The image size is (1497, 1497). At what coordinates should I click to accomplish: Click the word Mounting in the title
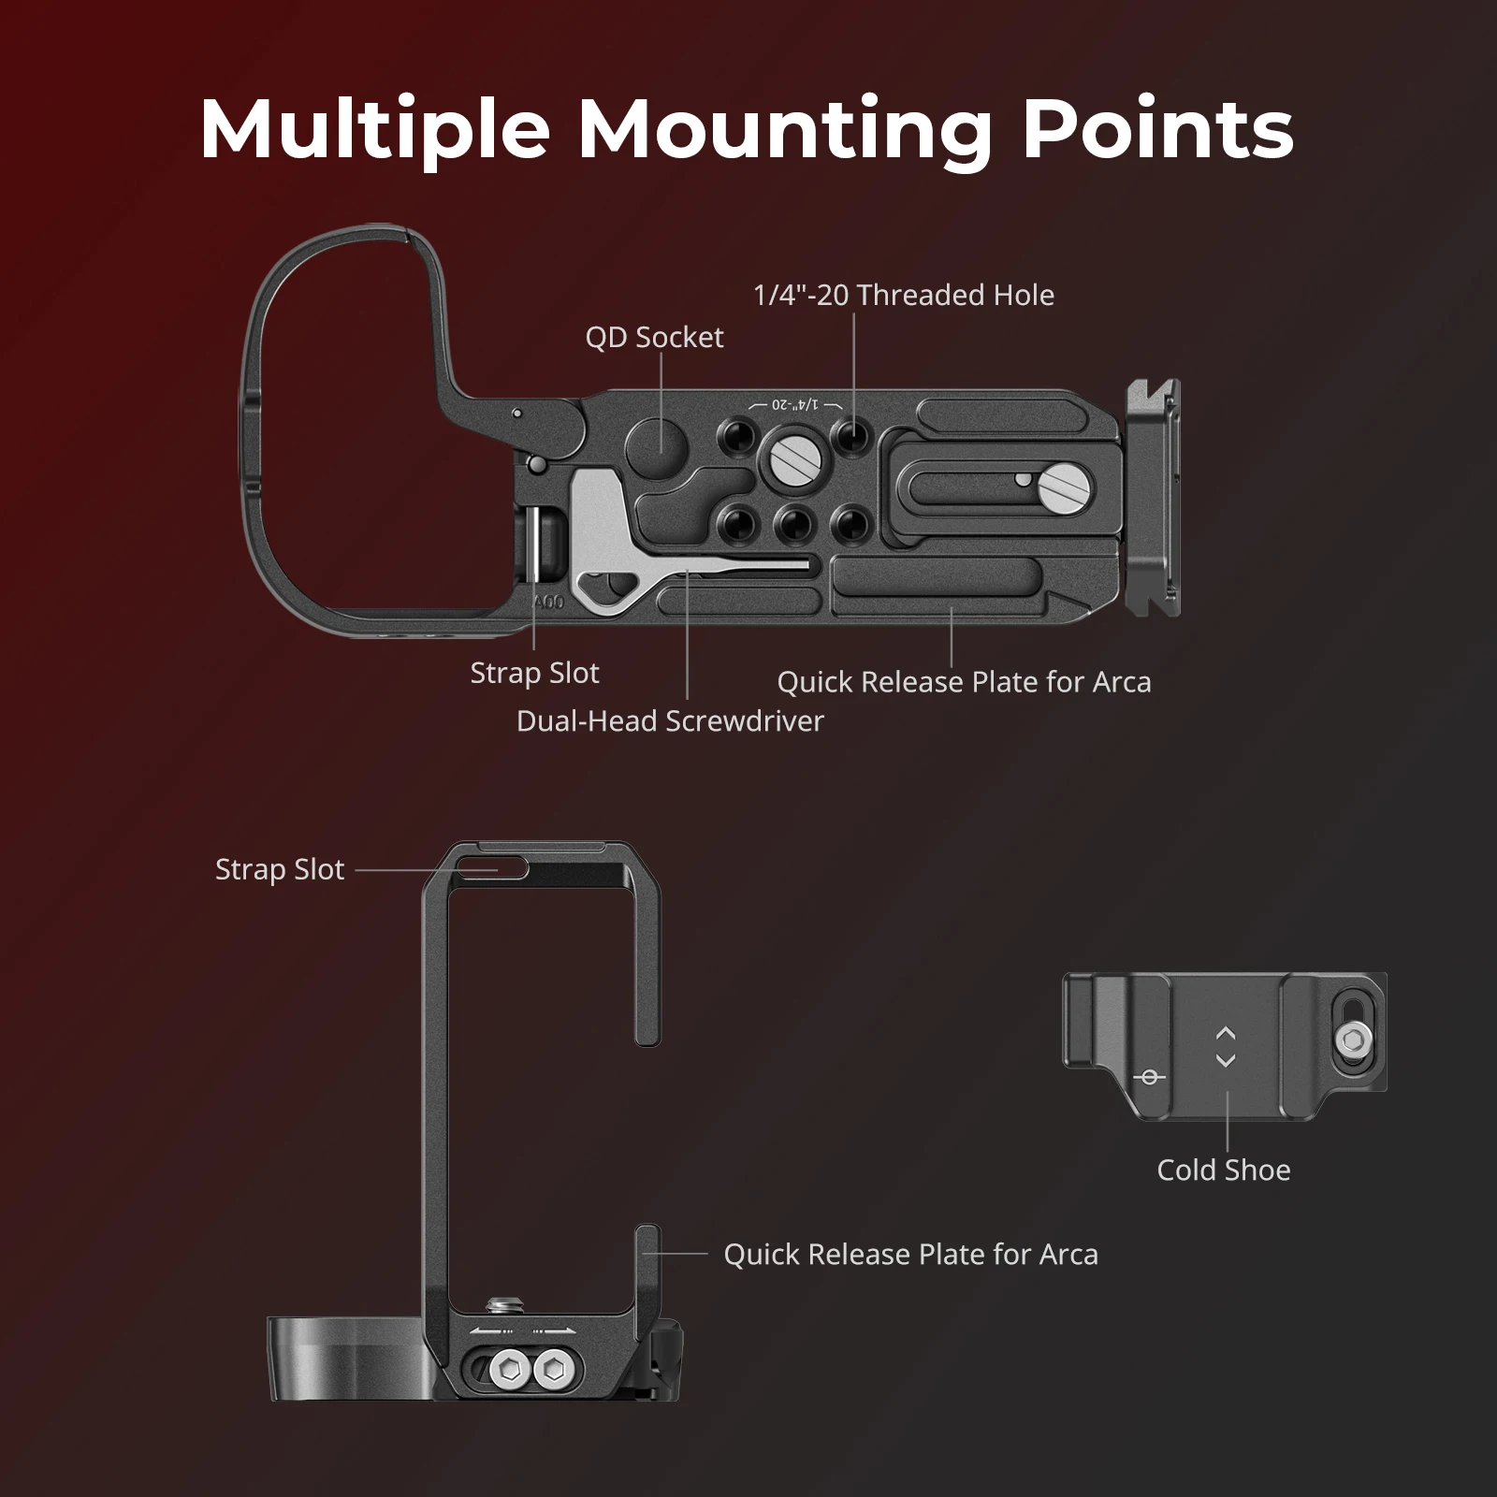point(784,131)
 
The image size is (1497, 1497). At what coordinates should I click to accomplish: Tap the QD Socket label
point(654,337)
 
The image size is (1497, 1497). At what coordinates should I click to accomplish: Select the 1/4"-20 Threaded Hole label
point(903,295)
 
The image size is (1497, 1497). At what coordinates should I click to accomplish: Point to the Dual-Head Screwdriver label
point(670,720)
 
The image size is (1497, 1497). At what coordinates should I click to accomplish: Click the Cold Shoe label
point(1223,1170)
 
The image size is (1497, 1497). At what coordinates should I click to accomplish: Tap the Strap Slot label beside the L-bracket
point(280,869)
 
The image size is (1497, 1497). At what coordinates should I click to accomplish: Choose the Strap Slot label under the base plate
point(534,673)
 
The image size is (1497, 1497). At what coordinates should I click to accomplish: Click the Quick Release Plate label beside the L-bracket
point(910,1254)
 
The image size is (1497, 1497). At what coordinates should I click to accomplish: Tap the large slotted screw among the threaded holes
point(794,458)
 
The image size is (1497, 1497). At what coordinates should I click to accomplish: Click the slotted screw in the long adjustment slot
point(1066,486)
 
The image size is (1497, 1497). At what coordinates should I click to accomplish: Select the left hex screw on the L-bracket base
point(510,1372)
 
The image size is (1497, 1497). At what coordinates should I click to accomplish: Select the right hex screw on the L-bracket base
point(552,1372)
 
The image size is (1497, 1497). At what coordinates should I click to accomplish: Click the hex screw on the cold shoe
point(1354,1038)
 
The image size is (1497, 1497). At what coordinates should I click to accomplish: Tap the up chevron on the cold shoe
point(1226,1034)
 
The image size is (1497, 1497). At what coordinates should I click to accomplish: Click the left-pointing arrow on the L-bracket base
point(489,1330)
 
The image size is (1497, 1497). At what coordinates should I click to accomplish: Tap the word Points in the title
point(1157,131)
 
